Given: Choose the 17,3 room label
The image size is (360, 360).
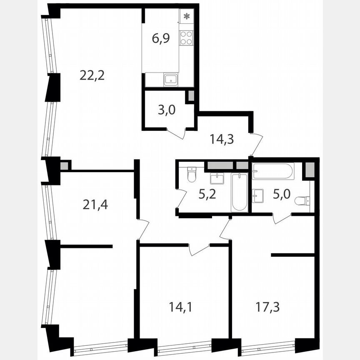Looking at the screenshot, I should (x=267, y=307).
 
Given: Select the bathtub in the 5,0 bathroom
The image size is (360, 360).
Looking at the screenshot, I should (x=273, y=171).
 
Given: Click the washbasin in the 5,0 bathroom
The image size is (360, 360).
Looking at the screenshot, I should (x=257, y=195).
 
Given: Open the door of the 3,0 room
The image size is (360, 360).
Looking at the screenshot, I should (x=177, y=134).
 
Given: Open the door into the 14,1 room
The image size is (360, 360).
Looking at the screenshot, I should (x=199, y=250).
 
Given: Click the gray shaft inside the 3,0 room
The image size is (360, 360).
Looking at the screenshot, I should (x=191, y=96).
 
